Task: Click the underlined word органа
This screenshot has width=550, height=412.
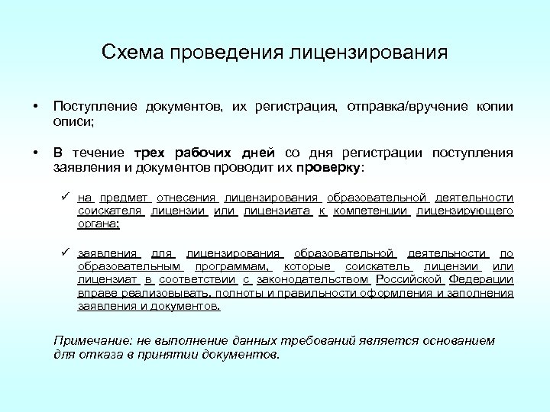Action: [x=99, y=224]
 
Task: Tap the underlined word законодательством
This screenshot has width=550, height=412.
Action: [x=315, y=280]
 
